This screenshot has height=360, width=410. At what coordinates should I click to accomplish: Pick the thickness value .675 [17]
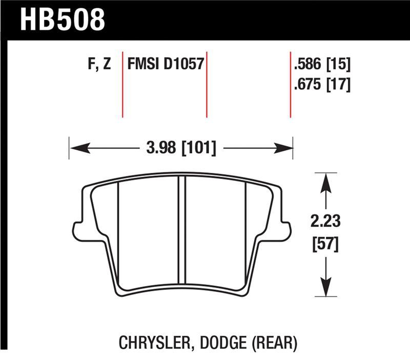(322, 83)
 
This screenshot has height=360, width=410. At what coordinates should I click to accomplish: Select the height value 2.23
(324, 222)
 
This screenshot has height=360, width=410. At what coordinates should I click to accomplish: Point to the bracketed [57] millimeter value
(324, 245)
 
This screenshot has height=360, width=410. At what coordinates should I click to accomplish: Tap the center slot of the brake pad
(181, 231)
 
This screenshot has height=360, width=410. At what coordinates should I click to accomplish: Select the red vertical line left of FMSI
(122, 84)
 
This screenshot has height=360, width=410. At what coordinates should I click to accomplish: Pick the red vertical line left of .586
(291, 84)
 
